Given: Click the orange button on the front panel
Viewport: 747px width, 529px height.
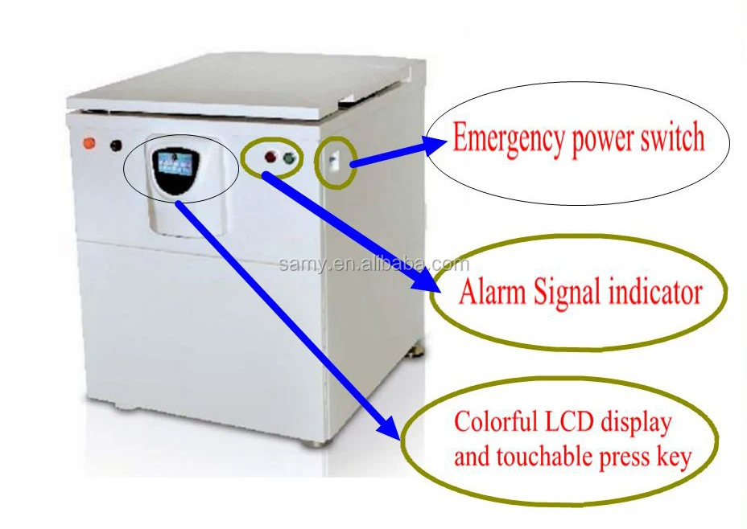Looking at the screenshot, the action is (89, 144).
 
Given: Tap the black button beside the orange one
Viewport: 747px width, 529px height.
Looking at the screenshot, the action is (116, 146).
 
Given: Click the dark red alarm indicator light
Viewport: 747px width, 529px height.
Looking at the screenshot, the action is (269, 158).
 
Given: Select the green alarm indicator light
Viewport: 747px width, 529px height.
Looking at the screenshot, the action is (287, 158).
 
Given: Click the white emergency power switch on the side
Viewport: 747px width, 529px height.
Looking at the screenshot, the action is (331, 161).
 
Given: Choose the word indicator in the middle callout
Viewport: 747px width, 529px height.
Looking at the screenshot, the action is (653, 293).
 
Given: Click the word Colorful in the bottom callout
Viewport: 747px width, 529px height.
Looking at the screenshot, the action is (490, 421).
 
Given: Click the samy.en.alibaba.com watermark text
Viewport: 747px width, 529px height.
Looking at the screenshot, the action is (373, 264).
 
